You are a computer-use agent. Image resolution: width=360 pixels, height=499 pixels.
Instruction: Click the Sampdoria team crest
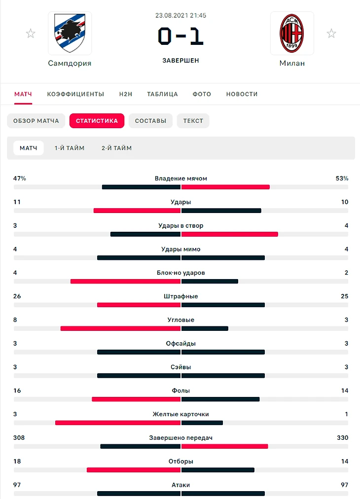click(70, 33)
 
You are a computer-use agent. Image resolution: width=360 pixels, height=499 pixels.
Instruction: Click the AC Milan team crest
click(292, 33)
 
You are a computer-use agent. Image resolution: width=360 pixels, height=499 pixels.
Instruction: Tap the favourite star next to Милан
click(331, 34)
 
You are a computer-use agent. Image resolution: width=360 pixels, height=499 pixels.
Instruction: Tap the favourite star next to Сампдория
click(31, 34)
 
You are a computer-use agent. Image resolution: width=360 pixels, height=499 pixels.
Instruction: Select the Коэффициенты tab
click(75, 94)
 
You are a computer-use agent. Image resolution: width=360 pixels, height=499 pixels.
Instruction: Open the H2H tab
click(126, 94)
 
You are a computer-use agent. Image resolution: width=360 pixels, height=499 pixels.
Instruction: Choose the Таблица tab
click(162, 94)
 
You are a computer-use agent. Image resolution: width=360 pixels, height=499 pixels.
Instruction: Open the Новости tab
click(242, 94)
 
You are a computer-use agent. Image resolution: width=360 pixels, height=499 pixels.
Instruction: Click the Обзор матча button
click(36, 121)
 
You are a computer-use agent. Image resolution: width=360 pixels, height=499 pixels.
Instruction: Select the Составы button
click(150, 121)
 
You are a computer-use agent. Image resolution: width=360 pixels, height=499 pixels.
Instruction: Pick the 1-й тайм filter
click(70, 148)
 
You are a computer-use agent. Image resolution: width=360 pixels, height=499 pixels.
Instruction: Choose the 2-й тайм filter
click(116, 148)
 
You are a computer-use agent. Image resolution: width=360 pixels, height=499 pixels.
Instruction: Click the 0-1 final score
click(180, 36)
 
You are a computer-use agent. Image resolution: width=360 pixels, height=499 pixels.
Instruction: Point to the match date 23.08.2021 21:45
click(180, 15)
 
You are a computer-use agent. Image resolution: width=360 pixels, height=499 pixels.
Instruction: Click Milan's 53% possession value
click(342, 178)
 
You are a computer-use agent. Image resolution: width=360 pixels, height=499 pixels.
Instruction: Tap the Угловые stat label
click(180, 320)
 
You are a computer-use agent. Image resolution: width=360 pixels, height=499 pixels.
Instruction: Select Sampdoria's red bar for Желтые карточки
click(118, 423)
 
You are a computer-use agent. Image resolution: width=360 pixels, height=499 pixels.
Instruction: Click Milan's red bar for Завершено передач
click(224, 446)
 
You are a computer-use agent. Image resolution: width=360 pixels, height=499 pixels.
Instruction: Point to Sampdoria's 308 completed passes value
click(19, 438)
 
